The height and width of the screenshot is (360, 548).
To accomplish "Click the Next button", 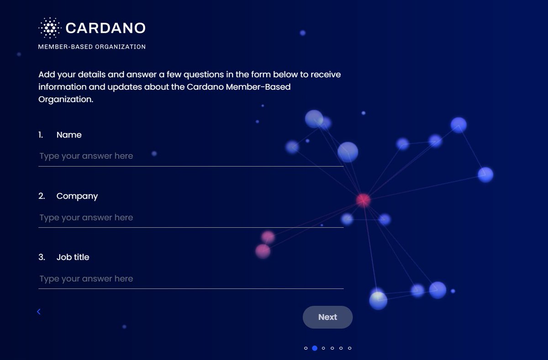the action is coord(327,317).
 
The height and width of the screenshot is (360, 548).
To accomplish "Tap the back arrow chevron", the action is coord(39,312).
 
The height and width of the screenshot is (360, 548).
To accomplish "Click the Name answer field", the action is coord(191,157).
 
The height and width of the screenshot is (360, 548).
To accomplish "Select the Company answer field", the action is coord(191,218).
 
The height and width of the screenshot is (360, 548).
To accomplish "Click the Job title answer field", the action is coord(191,279).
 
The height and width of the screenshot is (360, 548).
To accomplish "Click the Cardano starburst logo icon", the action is coord(50,28).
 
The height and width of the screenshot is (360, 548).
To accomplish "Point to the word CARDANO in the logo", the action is coord(105,28).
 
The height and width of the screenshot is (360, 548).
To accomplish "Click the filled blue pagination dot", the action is coord(315,348).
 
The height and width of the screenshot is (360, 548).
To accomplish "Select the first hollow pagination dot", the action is coord(306,348).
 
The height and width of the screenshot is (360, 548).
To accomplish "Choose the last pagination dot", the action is coord(350,348).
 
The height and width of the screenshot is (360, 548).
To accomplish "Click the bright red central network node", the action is coord(364,200).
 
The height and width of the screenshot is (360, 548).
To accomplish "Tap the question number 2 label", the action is coord(42,196).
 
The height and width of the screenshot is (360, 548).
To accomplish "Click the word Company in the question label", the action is coord(77,196).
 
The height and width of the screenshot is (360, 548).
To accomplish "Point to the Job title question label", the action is coord(73,257).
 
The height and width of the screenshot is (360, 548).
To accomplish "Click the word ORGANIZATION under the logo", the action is coord(121,47).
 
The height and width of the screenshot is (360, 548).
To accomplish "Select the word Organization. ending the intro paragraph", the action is coord(66,99).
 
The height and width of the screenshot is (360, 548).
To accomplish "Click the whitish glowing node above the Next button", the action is coord(378,300).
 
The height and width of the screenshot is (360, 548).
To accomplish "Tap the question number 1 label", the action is coord(41,135).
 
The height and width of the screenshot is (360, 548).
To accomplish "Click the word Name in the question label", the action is coord(69,135).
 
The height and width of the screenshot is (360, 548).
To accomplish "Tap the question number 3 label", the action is coord(42,257).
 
